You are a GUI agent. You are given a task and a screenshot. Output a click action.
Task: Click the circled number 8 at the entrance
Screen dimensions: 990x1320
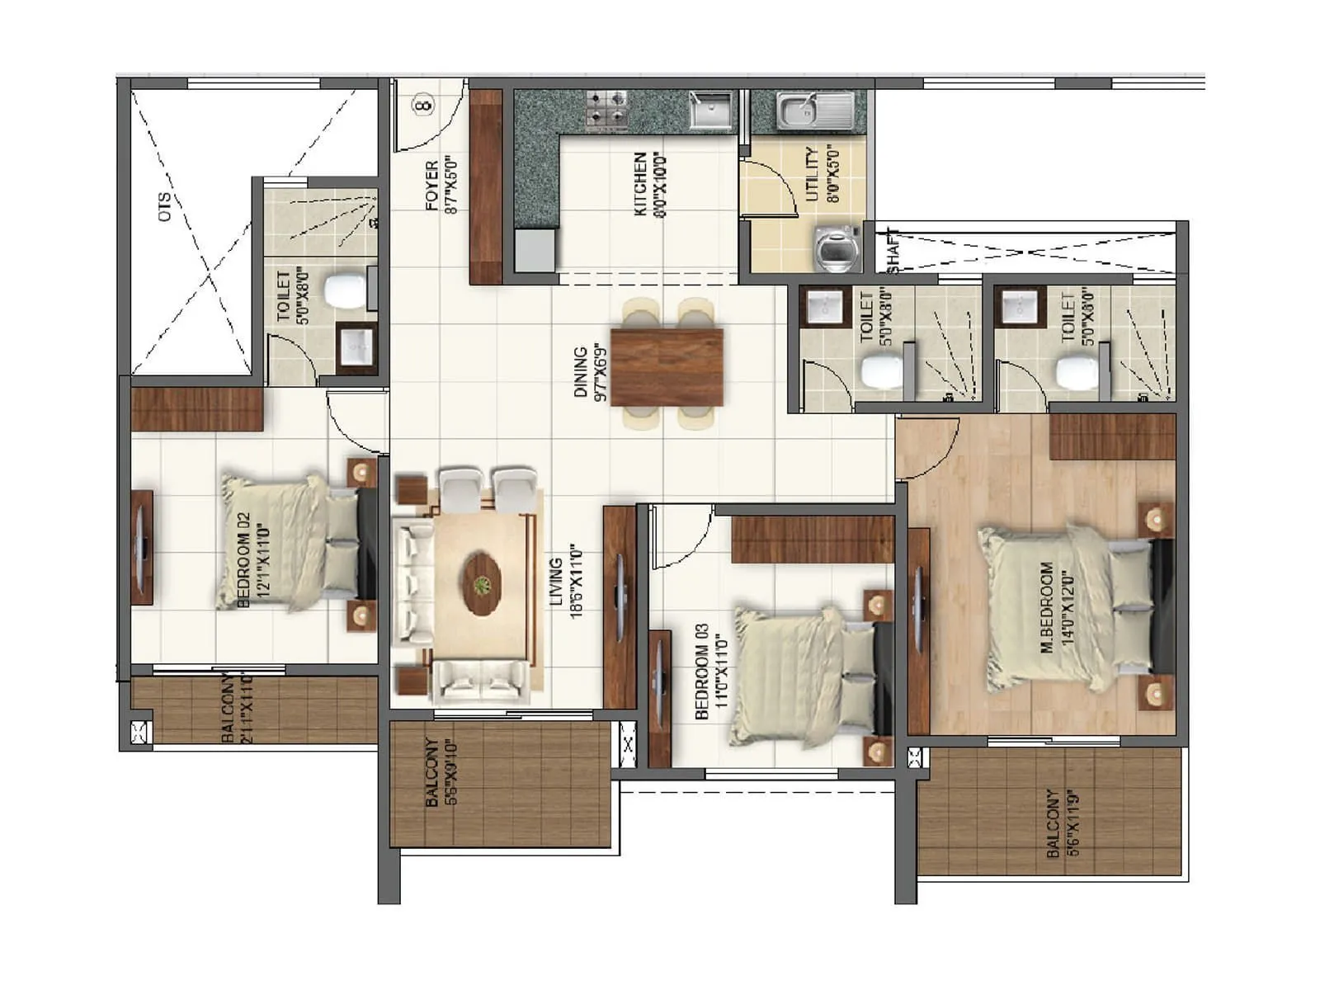click(423, 106)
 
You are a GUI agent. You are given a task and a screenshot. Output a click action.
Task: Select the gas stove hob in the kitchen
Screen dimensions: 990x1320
click(607, 110)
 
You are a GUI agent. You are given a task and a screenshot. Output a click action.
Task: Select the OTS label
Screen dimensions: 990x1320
click(164, 206)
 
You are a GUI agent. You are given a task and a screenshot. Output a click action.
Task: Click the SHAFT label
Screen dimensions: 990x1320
click(893, 250)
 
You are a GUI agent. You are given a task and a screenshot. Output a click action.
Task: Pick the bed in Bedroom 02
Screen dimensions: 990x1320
click(289, 542)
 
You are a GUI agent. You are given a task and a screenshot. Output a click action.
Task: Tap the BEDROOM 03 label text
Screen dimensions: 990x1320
click(701, 671)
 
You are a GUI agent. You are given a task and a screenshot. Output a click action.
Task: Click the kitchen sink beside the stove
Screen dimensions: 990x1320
click(710, 110)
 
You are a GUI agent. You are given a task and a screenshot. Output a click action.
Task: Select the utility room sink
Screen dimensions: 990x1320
click(813, 111)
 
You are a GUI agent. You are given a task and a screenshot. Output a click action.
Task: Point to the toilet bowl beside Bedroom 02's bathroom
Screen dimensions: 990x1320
click(344, 290)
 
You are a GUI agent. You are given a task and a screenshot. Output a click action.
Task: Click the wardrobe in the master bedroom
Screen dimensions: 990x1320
click(1112, 436)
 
